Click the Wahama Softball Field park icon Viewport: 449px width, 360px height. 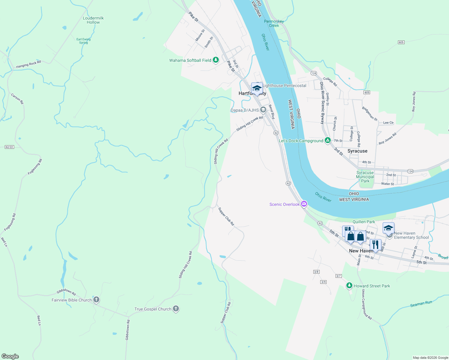pyautogui.click(x=215, y=60)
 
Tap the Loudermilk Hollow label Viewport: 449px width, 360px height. pyautogui.click(x=93, y=20)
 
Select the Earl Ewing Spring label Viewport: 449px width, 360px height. pyautogui.click(x=83, y=41)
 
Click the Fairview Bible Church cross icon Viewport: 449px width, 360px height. pyautogui.click(x=96, y=300)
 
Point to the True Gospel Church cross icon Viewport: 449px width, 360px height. pyautogui.click(x=176, y=309)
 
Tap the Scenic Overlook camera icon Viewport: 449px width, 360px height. pyautogui.click(x=304, y=204)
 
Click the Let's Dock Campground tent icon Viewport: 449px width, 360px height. pyautogui.click(x=328, y=140)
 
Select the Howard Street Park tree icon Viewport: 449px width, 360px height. pyautogui.click(x=349, y=286)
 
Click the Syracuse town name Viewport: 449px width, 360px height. pyautogui.click(x=357, y=151)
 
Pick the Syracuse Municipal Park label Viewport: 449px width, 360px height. pyautogui.click(x=365, y=177)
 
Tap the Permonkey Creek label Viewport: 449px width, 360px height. pyautogui.click(x=274, y=23)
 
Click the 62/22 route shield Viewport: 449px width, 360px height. pyautogui.click(x=9, y=147)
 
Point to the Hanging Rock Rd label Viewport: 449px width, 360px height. pyautogui.click(x=29, y=64)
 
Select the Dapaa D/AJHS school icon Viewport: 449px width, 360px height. pyautogui.click(x=263, y=110)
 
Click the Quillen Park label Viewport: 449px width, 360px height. pyautogui.click(x=364, y=222)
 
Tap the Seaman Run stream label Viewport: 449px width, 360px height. pyautogui.click(x=421, y=304)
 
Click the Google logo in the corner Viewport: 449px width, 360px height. pyautogui.click(x=10, y=356)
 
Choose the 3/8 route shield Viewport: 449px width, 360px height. pyautogui.click(x=316, y=272)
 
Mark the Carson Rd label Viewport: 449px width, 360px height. pyautogui.click(x=17, y=99)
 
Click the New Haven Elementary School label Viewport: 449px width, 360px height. pyautogui.click(x=411, y=235)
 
